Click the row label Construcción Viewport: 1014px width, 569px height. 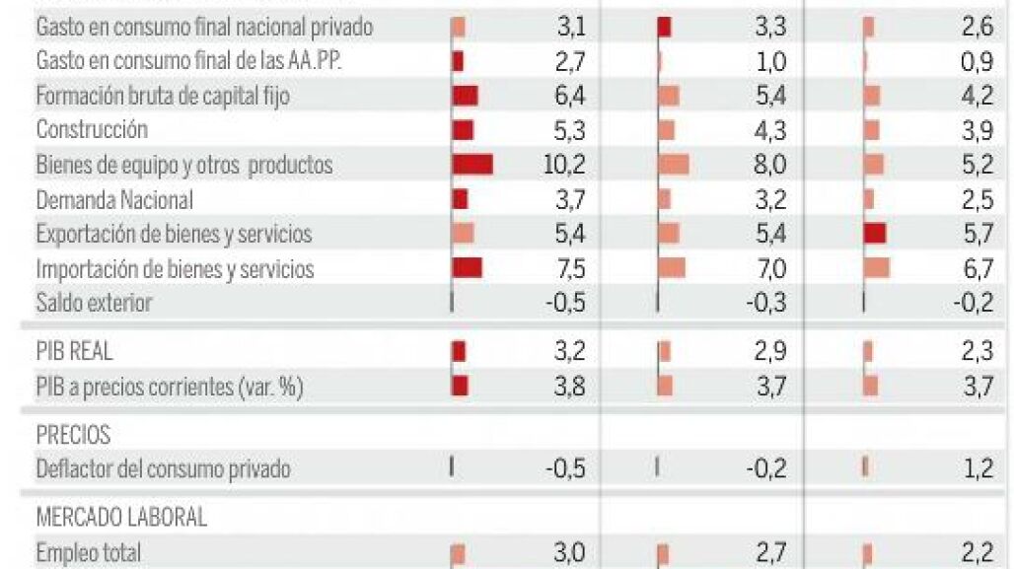tap(92, 130)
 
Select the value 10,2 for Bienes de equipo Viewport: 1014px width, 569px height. tap(564, 165)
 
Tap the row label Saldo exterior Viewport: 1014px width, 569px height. tap(94, 303)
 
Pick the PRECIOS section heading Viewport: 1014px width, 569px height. tap(73, 435)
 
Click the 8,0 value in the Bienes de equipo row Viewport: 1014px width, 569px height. tap(769, 165)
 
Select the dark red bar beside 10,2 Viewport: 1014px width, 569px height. tap(472, 165)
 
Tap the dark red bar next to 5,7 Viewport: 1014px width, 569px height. tap(874, 234)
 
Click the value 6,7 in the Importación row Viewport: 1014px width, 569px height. tap(975, 268)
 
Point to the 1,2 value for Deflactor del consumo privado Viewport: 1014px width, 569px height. tap(978, 468)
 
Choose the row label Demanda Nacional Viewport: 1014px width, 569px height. tap(114, 199)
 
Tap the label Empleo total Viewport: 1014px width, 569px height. tap(88, 552)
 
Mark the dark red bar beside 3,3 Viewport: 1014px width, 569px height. tap(664, 28)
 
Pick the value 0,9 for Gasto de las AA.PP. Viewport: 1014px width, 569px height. tap(976, 61)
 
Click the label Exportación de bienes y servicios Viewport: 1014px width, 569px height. tap(174, 234)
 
